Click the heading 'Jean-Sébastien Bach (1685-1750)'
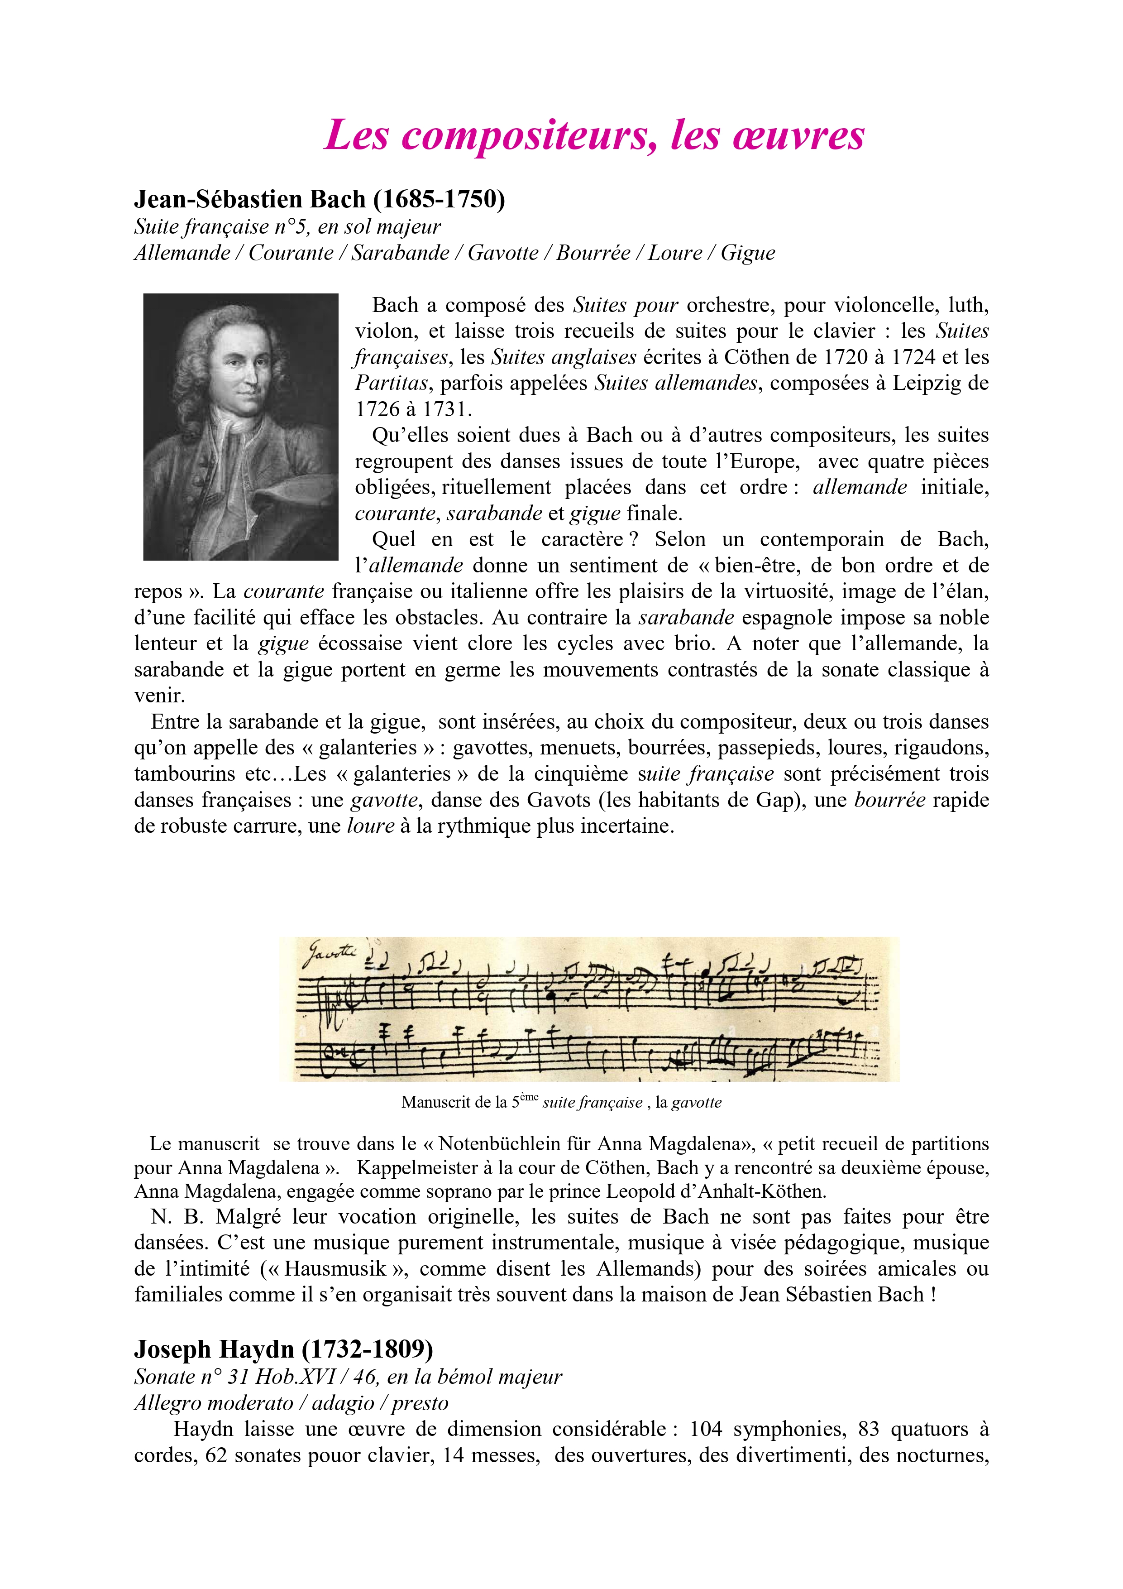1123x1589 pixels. coord(320,199)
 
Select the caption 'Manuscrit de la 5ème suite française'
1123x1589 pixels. coord(560,1103)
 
